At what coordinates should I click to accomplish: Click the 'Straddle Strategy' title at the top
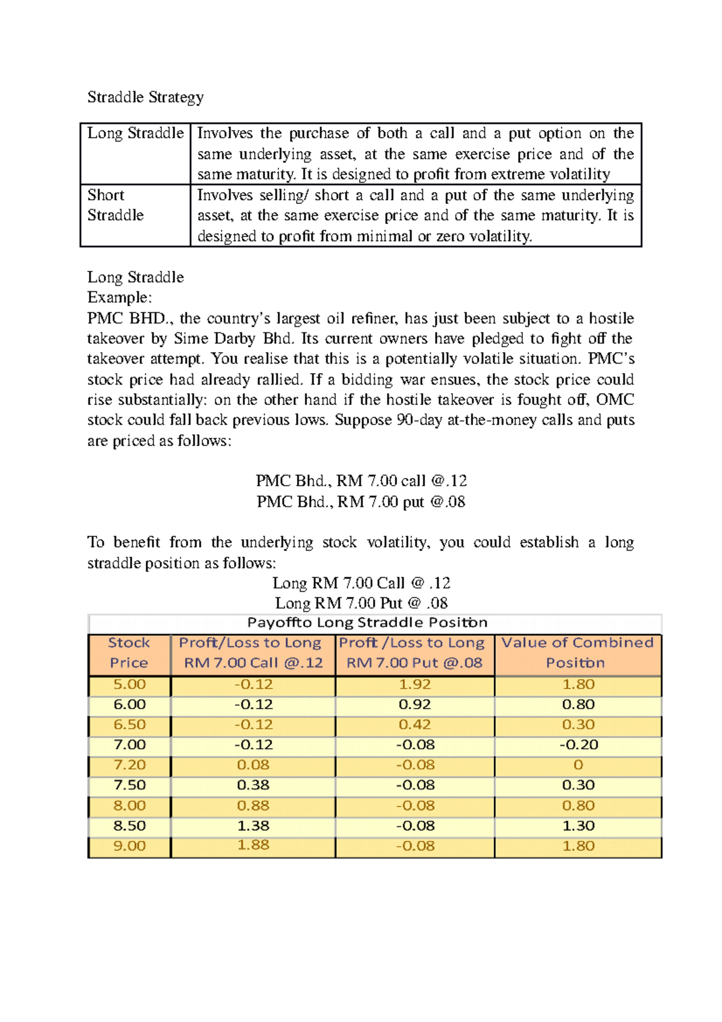coord(146,97)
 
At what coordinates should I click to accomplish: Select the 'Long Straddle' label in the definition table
coord(135,133)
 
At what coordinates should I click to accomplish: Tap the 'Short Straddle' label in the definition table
coord(116,205)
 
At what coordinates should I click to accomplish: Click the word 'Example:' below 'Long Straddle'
coord(120,297)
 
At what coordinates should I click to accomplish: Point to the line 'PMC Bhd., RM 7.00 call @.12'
coord(361,481)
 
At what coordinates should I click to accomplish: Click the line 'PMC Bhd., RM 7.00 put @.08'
coord(361,501)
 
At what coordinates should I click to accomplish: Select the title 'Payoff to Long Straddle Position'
coord(367,622)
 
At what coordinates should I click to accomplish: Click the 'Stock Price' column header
coord(129,653)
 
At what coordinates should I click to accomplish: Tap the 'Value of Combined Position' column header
coord(577,653)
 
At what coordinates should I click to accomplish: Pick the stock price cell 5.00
coord(129,684)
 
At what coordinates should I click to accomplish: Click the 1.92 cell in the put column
coord(415,684)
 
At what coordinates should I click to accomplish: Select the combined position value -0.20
coord(578,745)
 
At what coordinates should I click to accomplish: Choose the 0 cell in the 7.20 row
coord(578,765)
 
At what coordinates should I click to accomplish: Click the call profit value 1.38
coord(253,826)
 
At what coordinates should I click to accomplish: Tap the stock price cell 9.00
coord(129,846)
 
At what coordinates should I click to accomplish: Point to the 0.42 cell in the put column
coord(415,725)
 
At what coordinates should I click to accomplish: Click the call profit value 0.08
coord(253,765)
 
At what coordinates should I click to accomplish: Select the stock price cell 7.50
coord(129,785)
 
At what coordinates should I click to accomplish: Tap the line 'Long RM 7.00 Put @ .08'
coord(361,603)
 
